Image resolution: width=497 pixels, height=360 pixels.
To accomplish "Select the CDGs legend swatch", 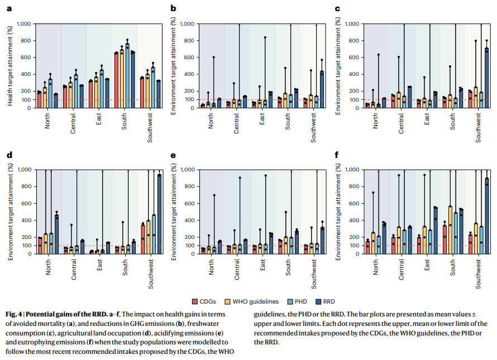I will point(195,302).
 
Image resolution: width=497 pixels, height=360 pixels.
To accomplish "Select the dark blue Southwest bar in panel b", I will point(322,89).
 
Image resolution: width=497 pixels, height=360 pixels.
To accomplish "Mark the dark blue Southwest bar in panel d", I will point(159,214).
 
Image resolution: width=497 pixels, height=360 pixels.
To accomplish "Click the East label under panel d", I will point(100,268).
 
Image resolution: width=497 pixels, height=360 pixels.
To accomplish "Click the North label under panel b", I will point(211,122).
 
